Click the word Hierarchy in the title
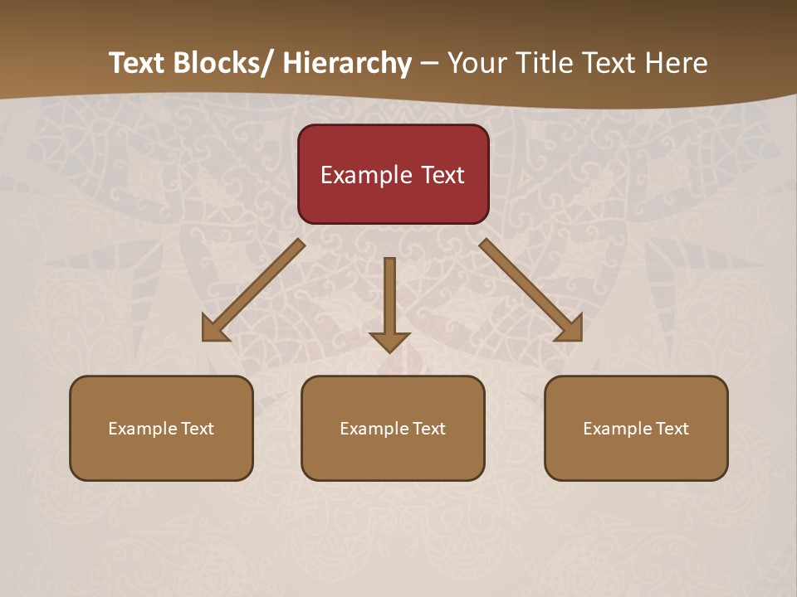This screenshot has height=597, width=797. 347,63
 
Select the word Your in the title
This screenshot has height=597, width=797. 477,63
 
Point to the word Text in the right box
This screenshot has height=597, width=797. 672,429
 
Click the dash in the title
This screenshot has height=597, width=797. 429,63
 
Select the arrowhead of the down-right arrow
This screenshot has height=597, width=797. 570,330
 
